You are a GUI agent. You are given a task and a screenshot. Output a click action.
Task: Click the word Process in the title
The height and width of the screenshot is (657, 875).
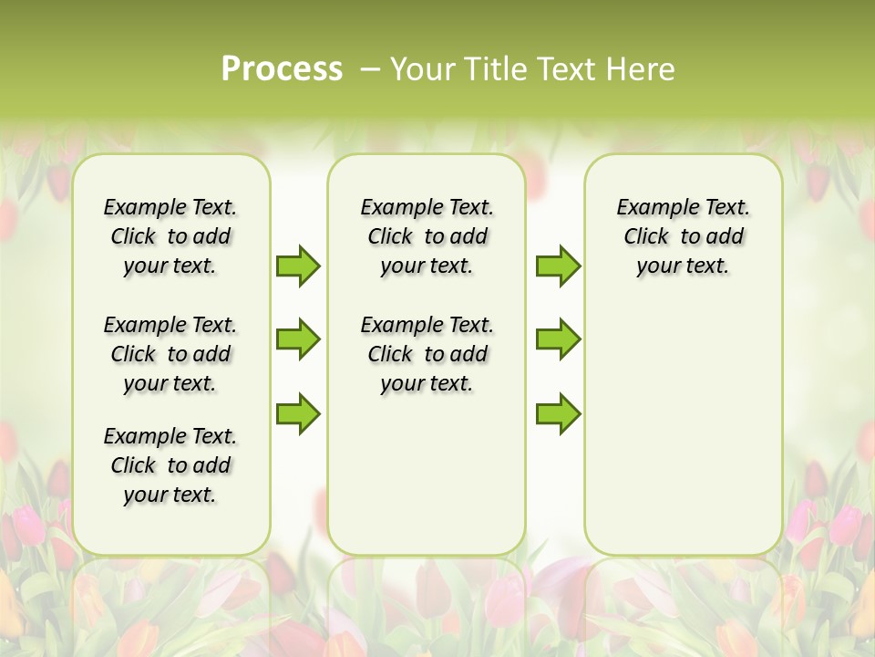click(282, 69)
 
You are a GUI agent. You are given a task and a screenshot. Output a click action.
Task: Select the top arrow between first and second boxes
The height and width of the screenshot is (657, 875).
click(298, 266)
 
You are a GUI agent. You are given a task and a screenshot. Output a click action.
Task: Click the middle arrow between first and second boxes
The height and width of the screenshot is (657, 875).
click(298, 339)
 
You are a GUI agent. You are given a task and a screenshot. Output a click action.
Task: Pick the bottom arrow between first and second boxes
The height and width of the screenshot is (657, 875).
click(298, 413)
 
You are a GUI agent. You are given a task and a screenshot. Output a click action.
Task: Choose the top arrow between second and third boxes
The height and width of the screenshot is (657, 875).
click(558, 266)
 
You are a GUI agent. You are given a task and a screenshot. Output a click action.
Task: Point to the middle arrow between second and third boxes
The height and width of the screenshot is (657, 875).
click(558, 339)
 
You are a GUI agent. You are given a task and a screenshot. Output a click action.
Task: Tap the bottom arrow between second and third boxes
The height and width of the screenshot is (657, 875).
click(558, 413)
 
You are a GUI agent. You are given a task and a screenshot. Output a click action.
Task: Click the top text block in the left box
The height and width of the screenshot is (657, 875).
click(170, 236)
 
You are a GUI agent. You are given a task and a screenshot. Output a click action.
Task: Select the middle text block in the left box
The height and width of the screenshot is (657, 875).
click(170, 354)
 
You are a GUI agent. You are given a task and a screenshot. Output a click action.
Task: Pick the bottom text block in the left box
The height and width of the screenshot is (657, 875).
click(170, 465)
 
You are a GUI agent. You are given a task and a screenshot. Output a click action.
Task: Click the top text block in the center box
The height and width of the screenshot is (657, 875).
click(427, 236)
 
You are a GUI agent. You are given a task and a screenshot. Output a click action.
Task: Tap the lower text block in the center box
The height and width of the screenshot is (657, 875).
click(427, 354)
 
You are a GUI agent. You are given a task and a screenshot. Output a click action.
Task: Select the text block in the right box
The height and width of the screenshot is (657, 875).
click(683, 236)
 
